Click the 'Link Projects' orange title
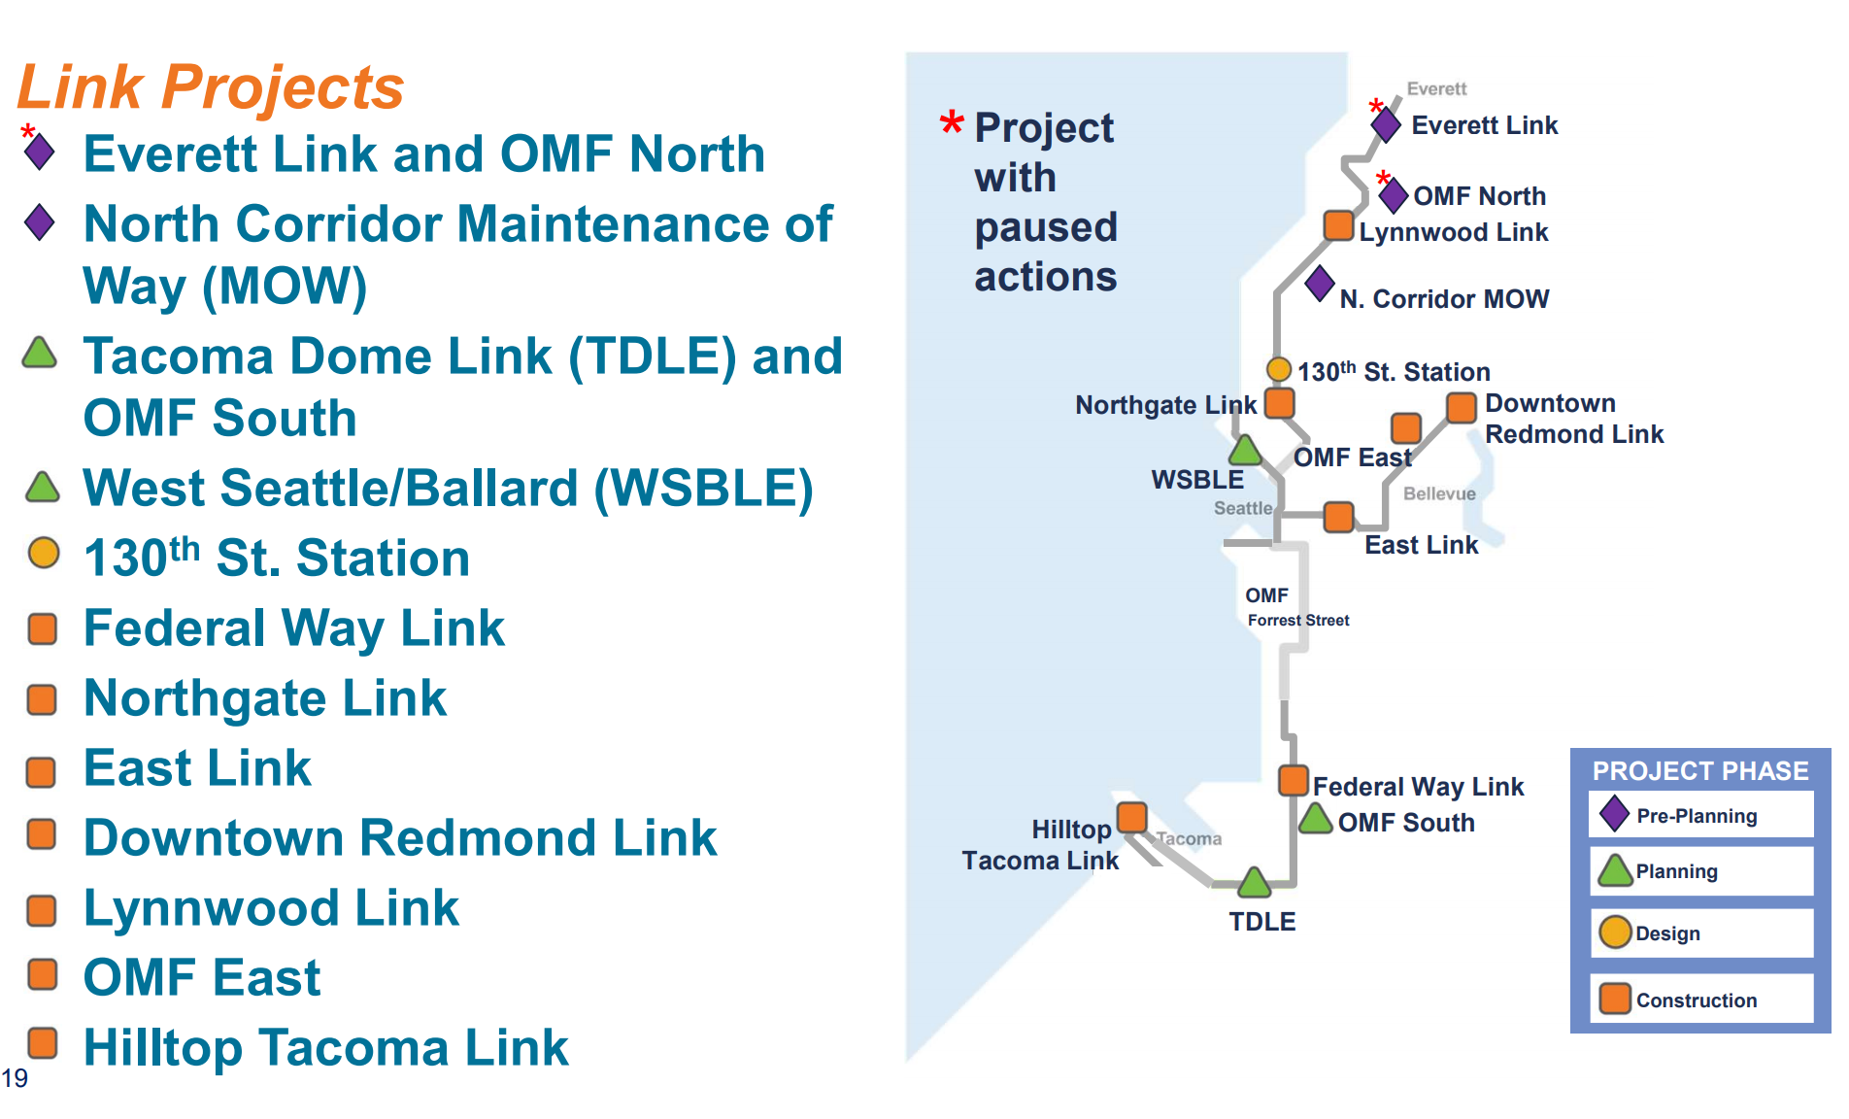pos(210,86)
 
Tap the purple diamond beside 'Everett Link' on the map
pos(1386,124)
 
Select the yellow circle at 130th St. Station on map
pos(1279,370)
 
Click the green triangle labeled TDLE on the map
pos(1254,884)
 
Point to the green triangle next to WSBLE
pos(1245,451)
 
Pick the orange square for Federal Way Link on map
pos(1294,780)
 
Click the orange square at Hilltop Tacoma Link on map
pos(1132,817)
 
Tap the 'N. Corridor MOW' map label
pos(1444,299)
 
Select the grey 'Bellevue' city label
pos(1439,493)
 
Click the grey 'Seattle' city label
pos(1242,508)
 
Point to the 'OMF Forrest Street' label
pos(1296,607)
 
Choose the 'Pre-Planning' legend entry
pos(1696,816)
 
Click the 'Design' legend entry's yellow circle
pos(1615,932)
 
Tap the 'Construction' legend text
pos(1696,1000)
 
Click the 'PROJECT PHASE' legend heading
pos(1699,771)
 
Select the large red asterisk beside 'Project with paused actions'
pos(952,124)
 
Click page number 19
pos(15,1078)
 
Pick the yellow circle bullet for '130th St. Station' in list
pos(43,554)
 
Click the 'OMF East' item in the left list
pos(201,977)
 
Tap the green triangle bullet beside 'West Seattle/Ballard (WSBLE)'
pos(43,488)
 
